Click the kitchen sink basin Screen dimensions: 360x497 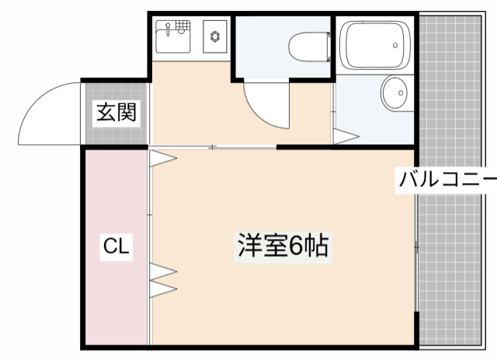[x=173, y=37]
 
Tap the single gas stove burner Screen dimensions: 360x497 [x=213, y=35]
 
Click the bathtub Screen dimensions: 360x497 [x=376, y=46]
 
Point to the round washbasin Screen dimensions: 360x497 [x=394, y=95]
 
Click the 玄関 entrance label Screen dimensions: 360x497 [x=116, y=112]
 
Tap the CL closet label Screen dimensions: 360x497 [x=116, y=247]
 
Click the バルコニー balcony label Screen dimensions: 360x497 [x=447, y=181]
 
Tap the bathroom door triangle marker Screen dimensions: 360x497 [x=345, y=137]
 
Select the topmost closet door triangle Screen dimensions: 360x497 [x=163, y=158]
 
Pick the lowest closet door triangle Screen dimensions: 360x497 [x=163, y=289]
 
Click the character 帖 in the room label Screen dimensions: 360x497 [x=318, y=247]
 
